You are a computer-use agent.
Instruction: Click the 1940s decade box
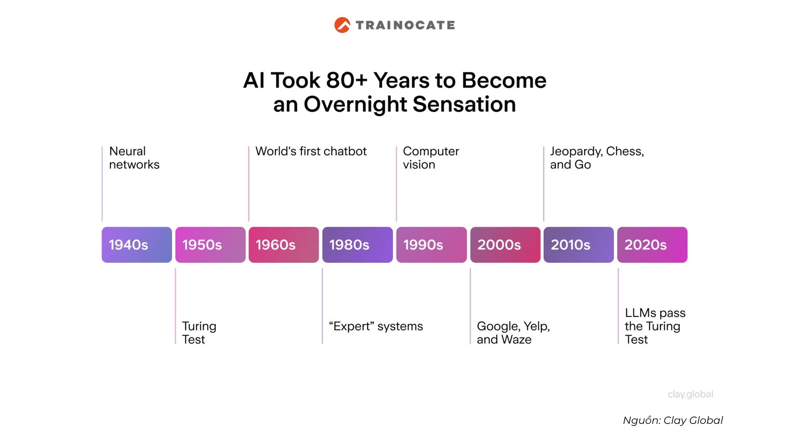[137, 245]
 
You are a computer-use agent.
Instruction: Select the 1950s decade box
[210, 245]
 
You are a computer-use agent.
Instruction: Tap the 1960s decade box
[284, 245]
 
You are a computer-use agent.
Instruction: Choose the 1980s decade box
[358, 245]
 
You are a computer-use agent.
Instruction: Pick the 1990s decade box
[431, 245]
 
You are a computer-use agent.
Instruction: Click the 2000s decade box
[505, 245]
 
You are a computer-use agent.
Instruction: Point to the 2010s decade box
[579, 245]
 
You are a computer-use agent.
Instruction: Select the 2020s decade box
[652, 245]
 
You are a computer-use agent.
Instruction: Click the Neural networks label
[134, 158]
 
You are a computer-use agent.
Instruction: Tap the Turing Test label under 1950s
[199, 333]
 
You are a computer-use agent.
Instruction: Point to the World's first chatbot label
[311, 151]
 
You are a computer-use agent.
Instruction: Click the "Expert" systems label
[376, 326]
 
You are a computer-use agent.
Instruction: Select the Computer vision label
[431, 158]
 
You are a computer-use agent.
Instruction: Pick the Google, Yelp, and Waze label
[513, 333]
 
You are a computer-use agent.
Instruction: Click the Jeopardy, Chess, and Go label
[597, 158]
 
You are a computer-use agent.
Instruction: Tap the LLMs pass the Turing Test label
[655, 326]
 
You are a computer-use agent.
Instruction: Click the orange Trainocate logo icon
[342, 25]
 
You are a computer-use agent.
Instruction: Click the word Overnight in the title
[355, 104]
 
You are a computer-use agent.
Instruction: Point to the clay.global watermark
[690, 394]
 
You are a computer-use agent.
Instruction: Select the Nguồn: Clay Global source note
[673, 421]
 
